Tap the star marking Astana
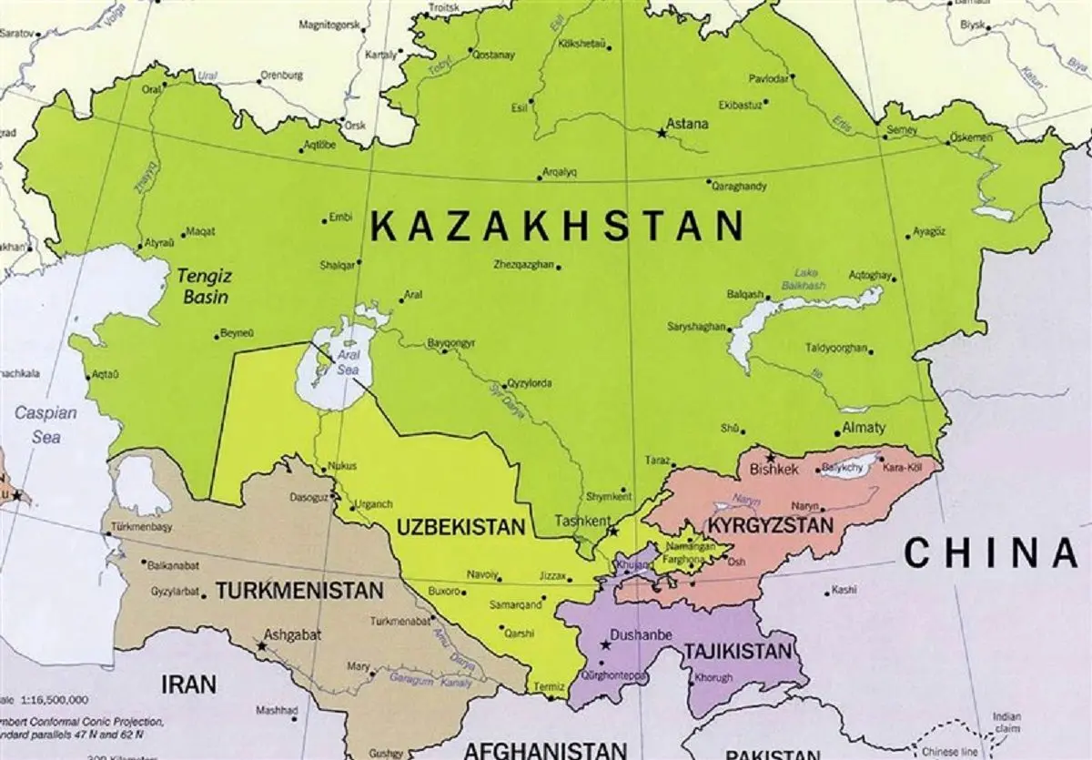pyautogui.click(x=662, y=134)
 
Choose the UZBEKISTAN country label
pyautogui.click(x=461, y=527)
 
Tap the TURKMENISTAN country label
pyautogui.click(x=298, y=591)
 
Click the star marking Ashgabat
pyautogui.click(x=262, y=646)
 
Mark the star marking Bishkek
pyautogui.click(x=771, y=457)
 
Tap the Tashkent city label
pyautogui.click(x=581, y=522)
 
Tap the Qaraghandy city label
pyautogui.click(x=742, y=186)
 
